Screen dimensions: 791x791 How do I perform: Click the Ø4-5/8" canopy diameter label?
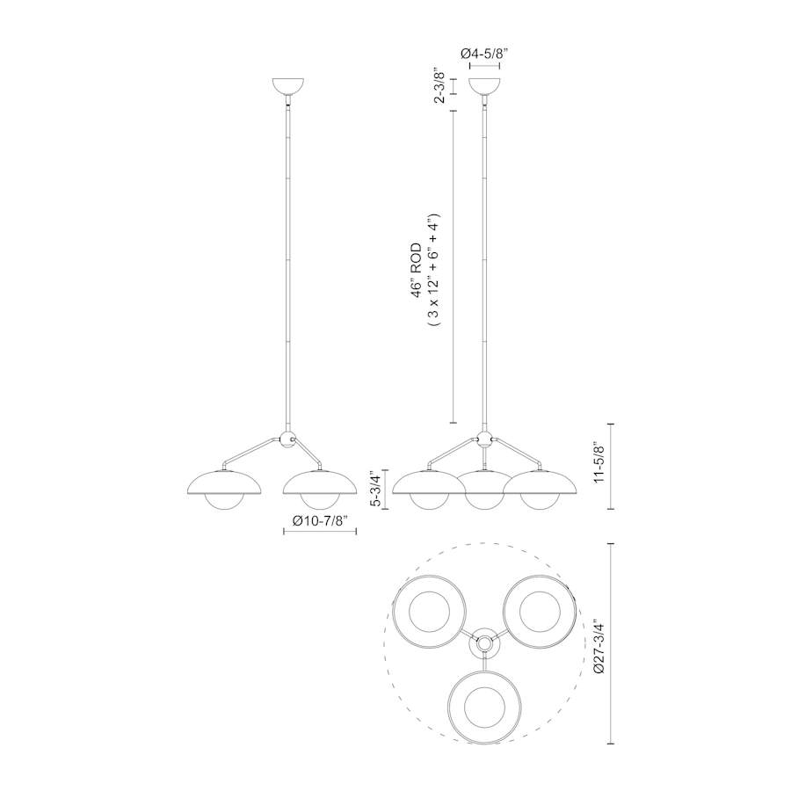(484, 54)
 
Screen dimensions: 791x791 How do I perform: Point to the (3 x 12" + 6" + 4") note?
(434, 271)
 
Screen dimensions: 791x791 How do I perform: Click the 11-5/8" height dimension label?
(599, 463)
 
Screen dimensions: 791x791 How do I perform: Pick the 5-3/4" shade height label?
(376, 489)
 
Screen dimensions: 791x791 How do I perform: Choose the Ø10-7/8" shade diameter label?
(320, 520)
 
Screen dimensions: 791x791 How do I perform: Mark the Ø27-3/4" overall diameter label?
(599, 646)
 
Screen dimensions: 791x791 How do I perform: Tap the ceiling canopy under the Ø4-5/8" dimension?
(484, 86)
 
